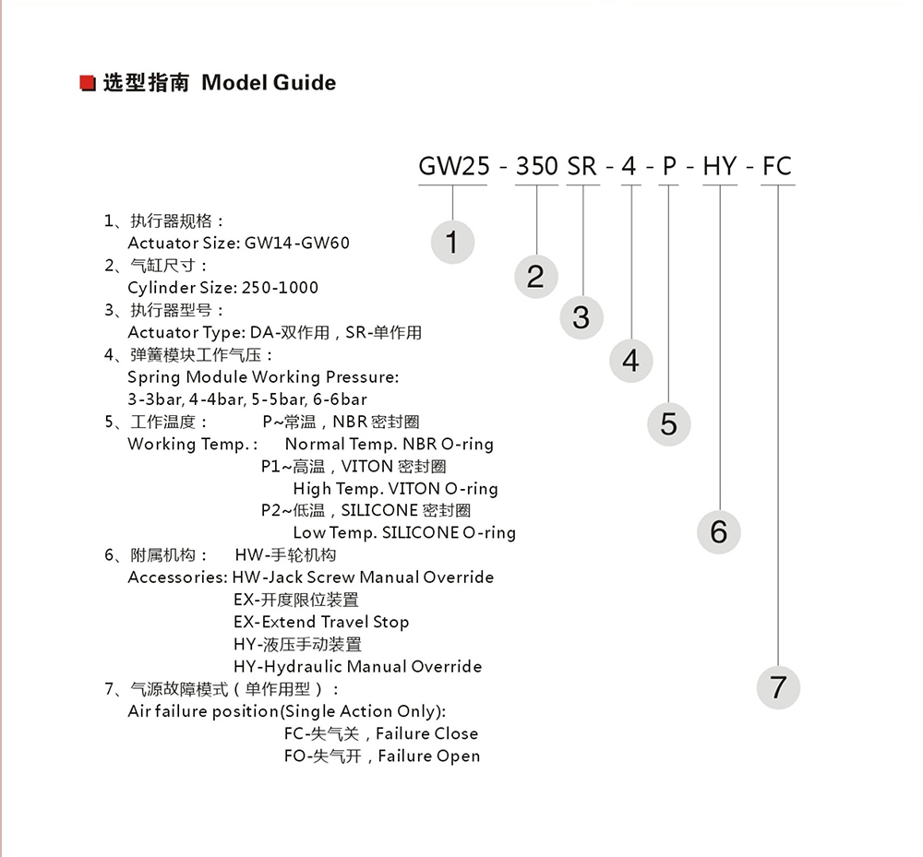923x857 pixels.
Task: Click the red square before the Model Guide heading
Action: tap(89, 84)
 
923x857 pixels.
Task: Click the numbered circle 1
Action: tap(452, 242)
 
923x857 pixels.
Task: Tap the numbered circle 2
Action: tap(535, 276)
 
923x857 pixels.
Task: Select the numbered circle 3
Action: tap(581, 317)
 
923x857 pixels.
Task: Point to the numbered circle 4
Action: tap(630, 360)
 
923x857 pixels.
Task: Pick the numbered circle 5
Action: tap(669, 423)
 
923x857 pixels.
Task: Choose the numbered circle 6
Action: tap(719, 531)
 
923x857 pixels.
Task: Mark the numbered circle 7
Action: tap(778, 687)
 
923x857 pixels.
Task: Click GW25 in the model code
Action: tap(452, 166)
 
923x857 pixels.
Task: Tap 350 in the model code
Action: tap(536, 166)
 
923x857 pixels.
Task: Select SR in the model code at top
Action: tap(582, 166)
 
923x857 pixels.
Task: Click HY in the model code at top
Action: tap(720, 166)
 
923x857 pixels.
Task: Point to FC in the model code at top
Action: tap(777, 166)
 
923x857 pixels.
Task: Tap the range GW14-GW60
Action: tap(297, 244)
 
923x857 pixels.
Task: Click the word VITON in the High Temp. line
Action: tap(414, 489)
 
